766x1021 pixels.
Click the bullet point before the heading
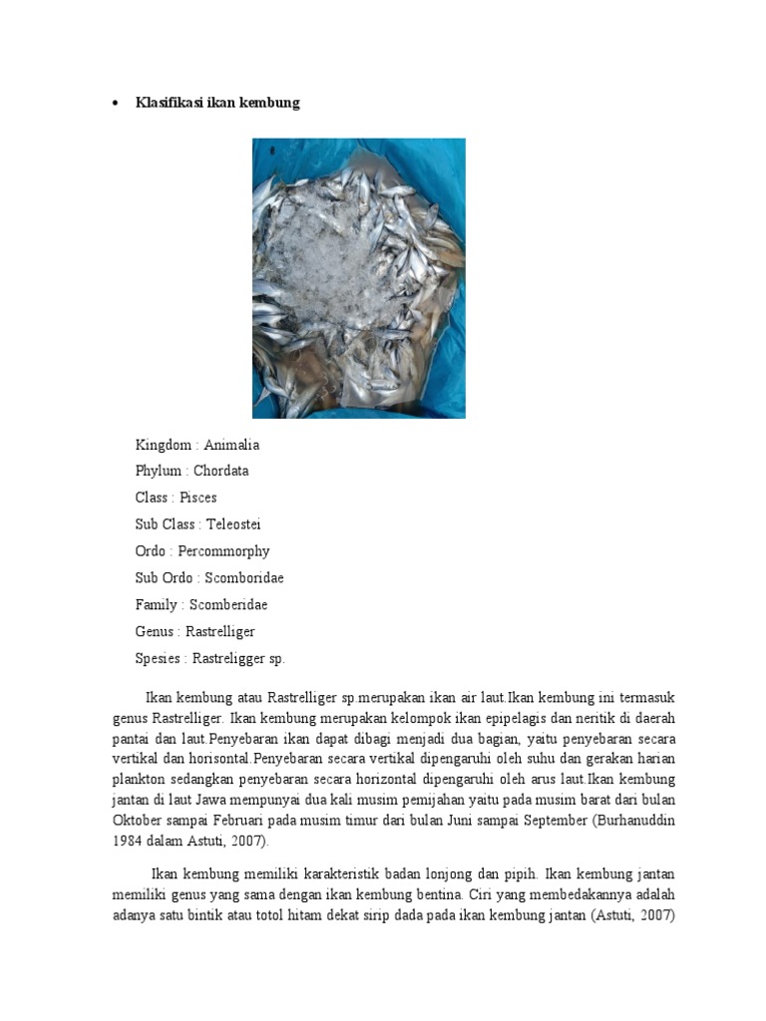(x=117, y=103)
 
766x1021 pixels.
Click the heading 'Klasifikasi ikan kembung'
(x=217, y=103)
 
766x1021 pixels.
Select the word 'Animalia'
(x=231, y=445)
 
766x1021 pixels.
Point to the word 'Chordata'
(x=221, y=471)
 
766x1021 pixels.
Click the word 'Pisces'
(x=198, y=498)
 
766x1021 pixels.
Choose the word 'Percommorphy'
(x=224, y=551)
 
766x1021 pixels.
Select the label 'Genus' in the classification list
(x=155, y=632)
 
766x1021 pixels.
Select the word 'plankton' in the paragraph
(x=140, y=778)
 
